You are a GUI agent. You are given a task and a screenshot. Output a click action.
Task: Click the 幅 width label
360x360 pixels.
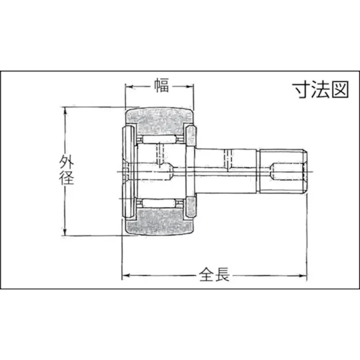[x=161, y=86]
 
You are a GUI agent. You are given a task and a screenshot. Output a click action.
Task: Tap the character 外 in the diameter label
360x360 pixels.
[x=66, y=162]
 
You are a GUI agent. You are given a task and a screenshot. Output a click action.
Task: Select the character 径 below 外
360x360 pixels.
[x=66, y=178]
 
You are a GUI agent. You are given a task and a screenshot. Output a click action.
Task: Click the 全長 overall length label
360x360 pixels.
[x=214, y=275]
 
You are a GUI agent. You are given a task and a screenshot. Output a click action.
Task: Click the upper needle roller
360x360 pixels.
[x=160, y=138]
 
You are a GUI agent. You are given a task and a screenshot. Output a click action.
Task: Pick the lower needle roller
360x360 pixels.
[x=160, y=203]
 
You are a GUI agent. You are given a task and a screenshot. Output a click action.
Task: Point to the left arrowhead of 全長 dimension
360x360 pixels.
[x=125, y=276]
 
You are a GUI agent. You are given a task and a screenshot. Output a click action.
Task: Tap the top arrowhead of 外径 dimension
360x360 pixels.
[x=65, y=111]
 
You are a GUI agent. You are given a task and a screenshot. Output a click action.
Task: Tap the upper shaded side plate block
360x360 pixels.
[x=191, y=136]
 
